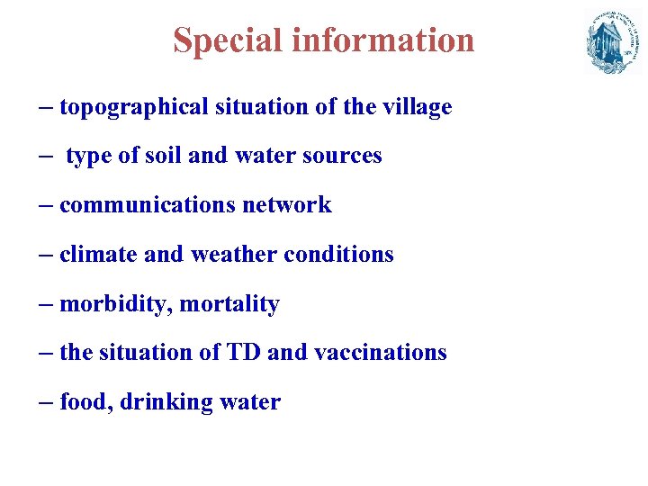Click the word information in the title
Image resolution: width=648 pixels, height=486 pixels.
pyautogui.click(x=382, y=40)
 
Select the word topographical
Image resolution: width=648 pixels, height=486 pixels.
pyautogui.click(x=134, y=107)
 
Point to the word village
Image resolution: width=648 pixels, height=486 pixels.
pyautogui.click(x=418, y=107)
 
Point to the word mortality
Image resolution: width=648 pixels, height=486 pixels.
pyautogui.click(x=229, y=304)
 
